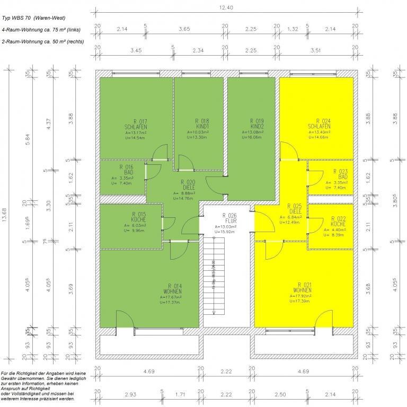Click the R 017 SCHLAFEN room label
tap(131, 124)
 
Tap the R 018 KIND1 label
tap(200, 124)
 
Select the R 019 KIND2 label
tap(256, 124)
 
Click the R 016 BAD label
tap(121, 170)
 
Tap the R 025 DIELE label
tap(294, 209)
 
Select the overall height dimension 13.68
tap(5, 207)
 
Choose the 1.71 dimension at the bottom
tap(181, 394)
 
